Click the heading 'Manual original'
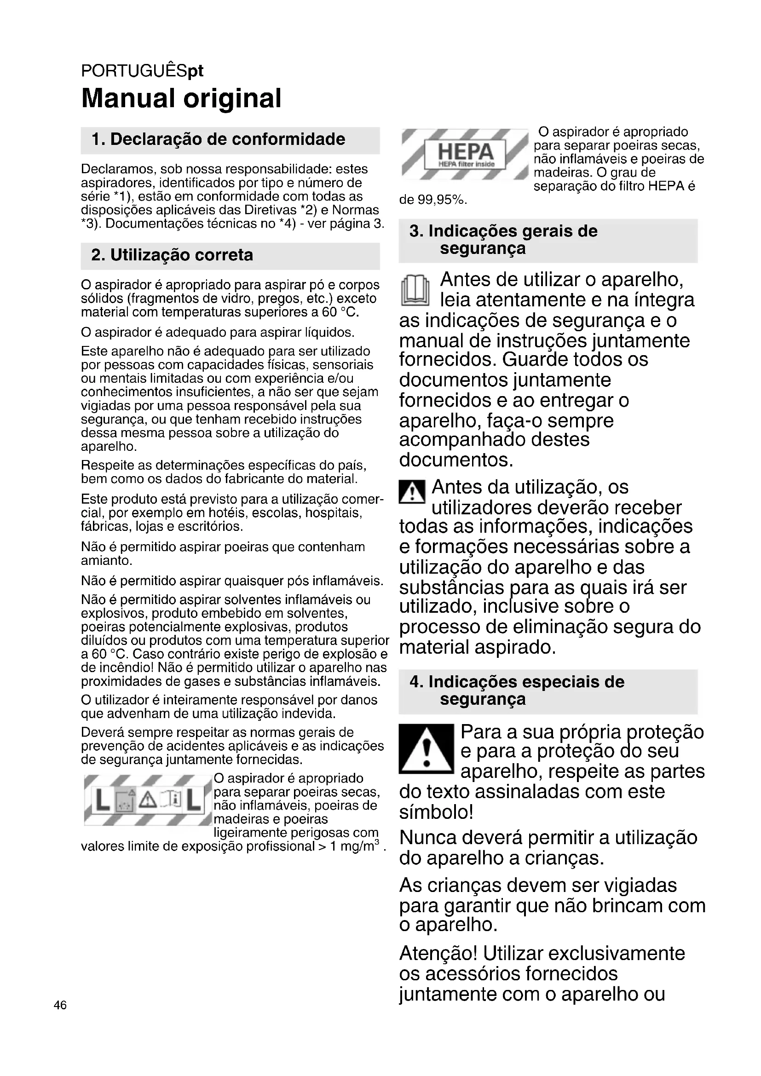click(181, 98)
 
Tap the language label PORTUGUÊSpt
click(142, 71)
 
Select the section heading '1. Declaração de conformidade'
click(219, 139)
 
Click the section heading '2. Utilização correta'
click(172, 255)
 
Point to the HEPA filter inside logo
click(464, 154)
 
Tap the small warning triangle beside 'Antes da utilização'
click(412, 492)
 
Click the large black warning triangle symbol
click(426, 748)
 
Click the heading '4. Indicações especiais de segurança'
click(516, 690)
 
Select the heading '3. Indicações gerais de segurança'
click(503, 240)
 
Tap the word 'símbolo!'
click(436, 812)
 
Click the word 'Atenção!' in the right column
click(438, 954)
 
